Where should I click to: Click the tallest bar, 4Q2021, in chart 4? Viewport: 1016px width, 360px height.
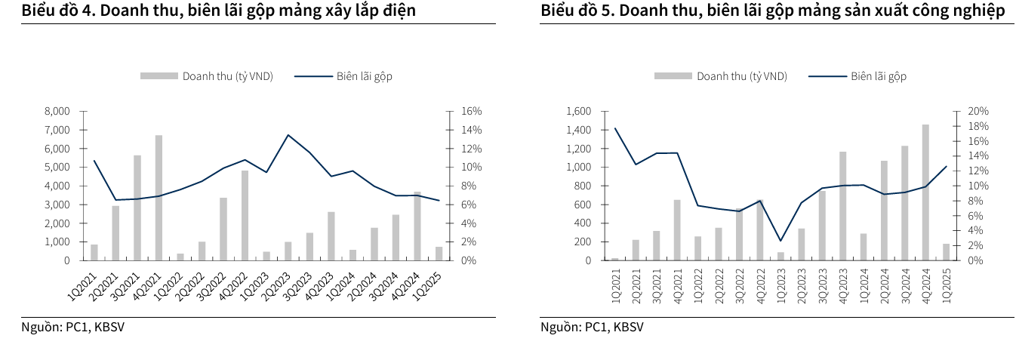[159, 198]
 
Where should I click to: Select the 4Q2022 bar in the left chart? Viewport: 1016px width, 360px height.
[245, 215]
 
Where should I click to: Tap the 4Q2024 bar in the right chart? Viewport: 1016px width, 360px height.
[925, 192]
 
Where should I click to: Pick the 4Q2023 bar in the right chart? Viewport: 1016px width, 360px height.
[842, 206]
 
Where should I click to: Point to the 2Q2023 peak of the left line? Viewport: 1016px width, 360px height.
[288, 135]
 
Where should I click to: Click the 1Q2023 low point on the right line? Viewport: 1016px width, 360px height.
[780, 241]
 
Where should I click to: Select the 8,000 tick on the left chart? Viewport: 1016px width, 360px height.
[57, 111]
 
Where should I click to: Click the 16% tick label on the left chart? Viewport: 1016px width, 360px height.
[471, 111]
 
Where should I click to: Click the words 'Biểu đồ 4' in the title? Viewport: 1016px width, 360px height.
[57, 11]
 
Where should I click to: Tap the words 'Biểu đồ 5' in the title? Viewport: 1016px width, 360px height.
[575, 11]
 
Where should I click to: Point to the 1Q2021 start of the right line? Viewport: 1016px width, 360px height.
[615, 128]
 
